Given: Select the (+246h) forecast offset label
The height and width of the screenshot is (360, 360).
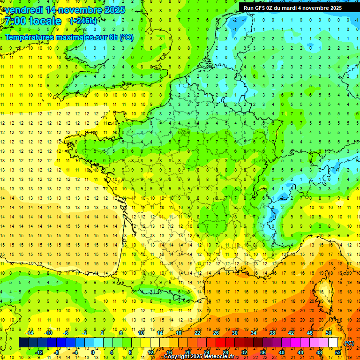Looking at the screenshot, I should (83, 21).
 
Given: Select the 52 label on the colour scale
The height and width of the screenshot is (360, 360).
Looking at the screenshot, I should (338, 352).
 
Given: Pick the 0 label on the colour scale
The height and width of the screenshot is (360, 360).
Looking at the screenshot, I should (93, 352).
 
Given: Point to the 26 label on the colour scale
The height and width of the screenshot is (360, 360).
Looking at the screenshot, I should (216, 333).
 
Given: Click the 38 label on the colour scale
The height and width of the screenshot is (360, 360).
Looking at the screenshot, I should (272, 333).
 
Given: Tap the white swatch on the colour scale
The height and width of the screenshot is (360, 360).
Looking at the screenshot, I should (333, 342).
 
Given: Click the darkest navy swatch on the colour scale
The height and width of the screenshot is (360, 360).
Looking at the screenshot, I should (23, 342).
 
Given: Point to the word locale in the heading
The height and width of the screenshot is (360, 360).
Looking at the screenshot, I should (45, 22).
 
